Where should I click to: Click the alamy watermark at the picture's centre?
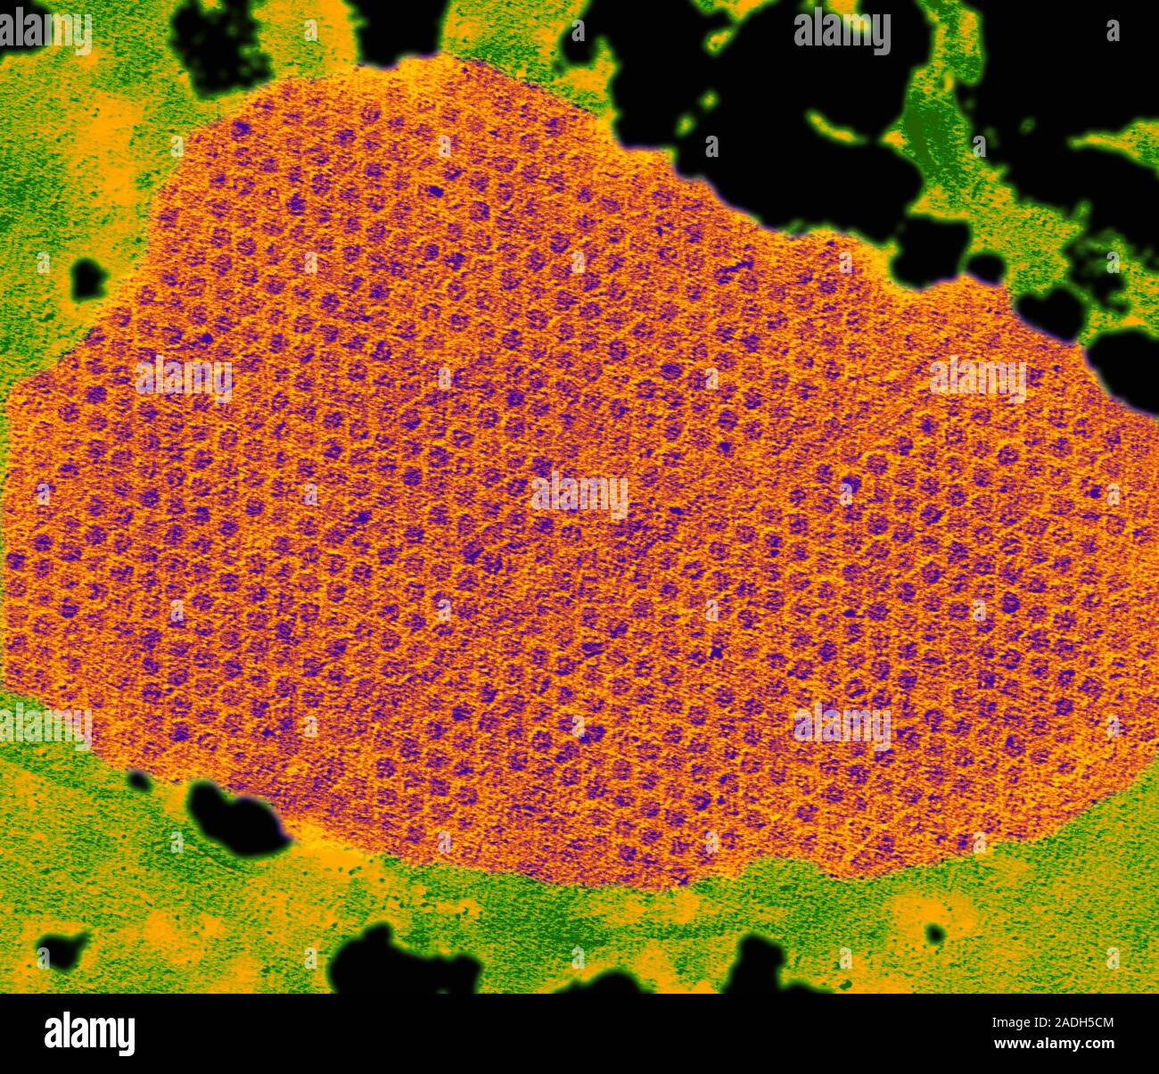579,494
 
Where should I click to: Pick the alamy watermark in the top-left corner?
45,32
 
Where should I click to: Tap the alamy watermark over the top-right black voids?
842,32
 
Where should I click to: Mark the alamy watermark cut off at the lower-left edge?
45,724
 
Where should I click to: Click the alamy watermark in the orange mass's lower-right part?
842,724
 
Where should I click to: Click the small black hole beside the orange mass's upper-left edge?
88,278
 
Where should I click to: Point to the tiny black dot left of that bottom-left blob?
138,781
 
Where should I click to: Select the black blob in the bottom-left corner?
62,949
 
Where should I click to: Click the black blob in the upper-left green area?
218,40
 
